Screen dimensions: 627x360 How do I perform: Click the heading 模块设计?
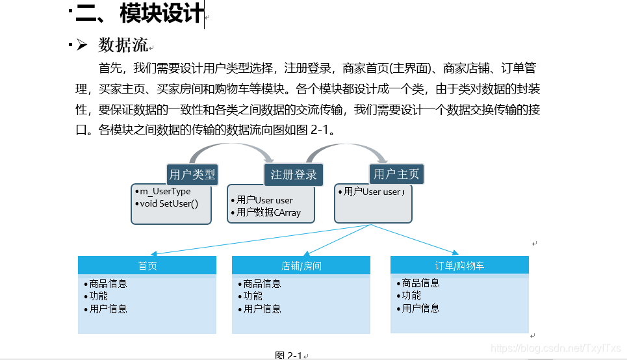161,13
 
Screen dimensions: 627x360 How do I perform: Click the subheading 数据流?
123,45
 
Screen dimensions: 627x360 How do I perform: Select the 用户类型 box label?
192,174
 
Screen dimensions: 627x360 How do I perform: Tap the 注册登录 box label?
294,174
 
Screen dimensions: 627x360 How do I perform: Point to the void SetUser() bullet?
169,203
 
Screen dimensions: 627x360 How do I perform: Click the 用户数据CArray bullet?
268,212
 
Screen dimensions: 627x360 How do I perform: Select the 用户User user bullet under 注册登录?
264,200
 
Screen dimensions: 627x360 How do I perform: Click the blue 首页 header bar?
147,266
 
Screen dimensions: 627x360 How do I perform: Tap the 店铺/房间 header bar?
301,266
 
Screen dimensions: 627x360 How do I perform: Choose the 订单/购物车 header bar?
459,265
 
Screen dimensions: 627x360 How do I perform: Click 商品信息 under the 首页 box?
109,283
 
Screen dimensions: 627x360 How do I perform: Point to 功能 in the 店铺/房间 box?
253,296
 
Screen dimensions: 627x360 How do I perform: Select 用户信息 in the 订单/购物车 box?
420,308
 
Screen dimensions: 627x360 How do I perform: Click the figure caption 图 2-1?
288,355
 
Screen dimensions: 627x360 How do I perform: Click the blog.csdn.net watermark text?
556,348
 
